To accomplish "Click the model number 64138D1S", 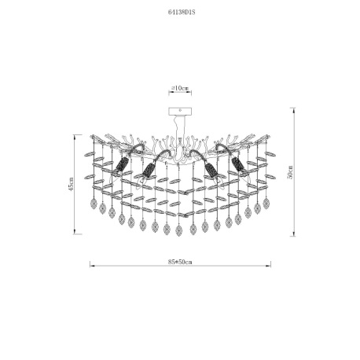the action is pos(182,13).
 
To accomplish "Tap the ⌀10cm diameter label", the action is pos(180,88).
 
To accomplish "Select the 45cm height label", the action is pos(71,184).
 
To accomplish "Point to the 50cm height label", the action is pos(290,172).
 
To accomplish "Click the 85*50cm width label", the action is pos(180,262).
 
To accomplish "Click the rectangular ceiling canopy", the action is pos(180,112).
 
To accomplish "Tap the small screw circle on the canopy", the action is pos(180,110).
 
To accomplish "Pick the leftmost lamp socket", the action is pos(122,165).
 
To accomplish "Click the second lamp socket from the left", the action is pos(149,170).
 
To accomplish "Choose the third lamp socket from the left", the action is pos(211,170).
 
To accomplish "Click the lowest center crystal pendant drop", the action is pos(179,230).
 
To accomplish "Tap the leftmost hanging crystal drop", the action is pos(94,204).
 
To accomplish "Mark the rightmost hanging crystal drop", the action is pos(266,203).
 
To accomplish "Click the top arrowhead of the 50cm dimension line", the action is pos(295,110).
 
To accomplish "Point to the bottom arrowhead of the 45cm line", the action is pos(75,231).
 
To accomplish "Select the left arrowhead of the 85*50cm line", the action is pos(92,266).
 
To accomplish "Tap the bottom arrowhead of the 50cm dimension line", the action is pos(295,233).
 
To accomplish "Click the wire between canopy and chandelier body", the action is pos(179,127).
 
